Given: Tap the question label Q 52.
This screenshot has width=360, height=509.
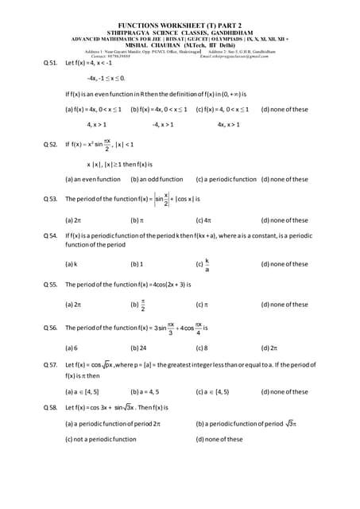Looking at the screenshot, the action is [50, 145].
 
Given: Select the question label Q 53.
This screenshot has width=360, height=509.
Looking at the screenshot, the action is [50, 199].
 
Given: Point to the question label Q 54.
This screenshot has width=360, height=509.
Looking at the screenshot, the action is [50, 236].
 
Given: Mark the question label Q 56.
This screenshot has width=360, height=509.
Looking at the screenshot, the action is [50, 327].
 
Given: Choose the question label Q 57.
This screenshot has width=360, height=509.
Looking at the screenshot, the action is [50, 363].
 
